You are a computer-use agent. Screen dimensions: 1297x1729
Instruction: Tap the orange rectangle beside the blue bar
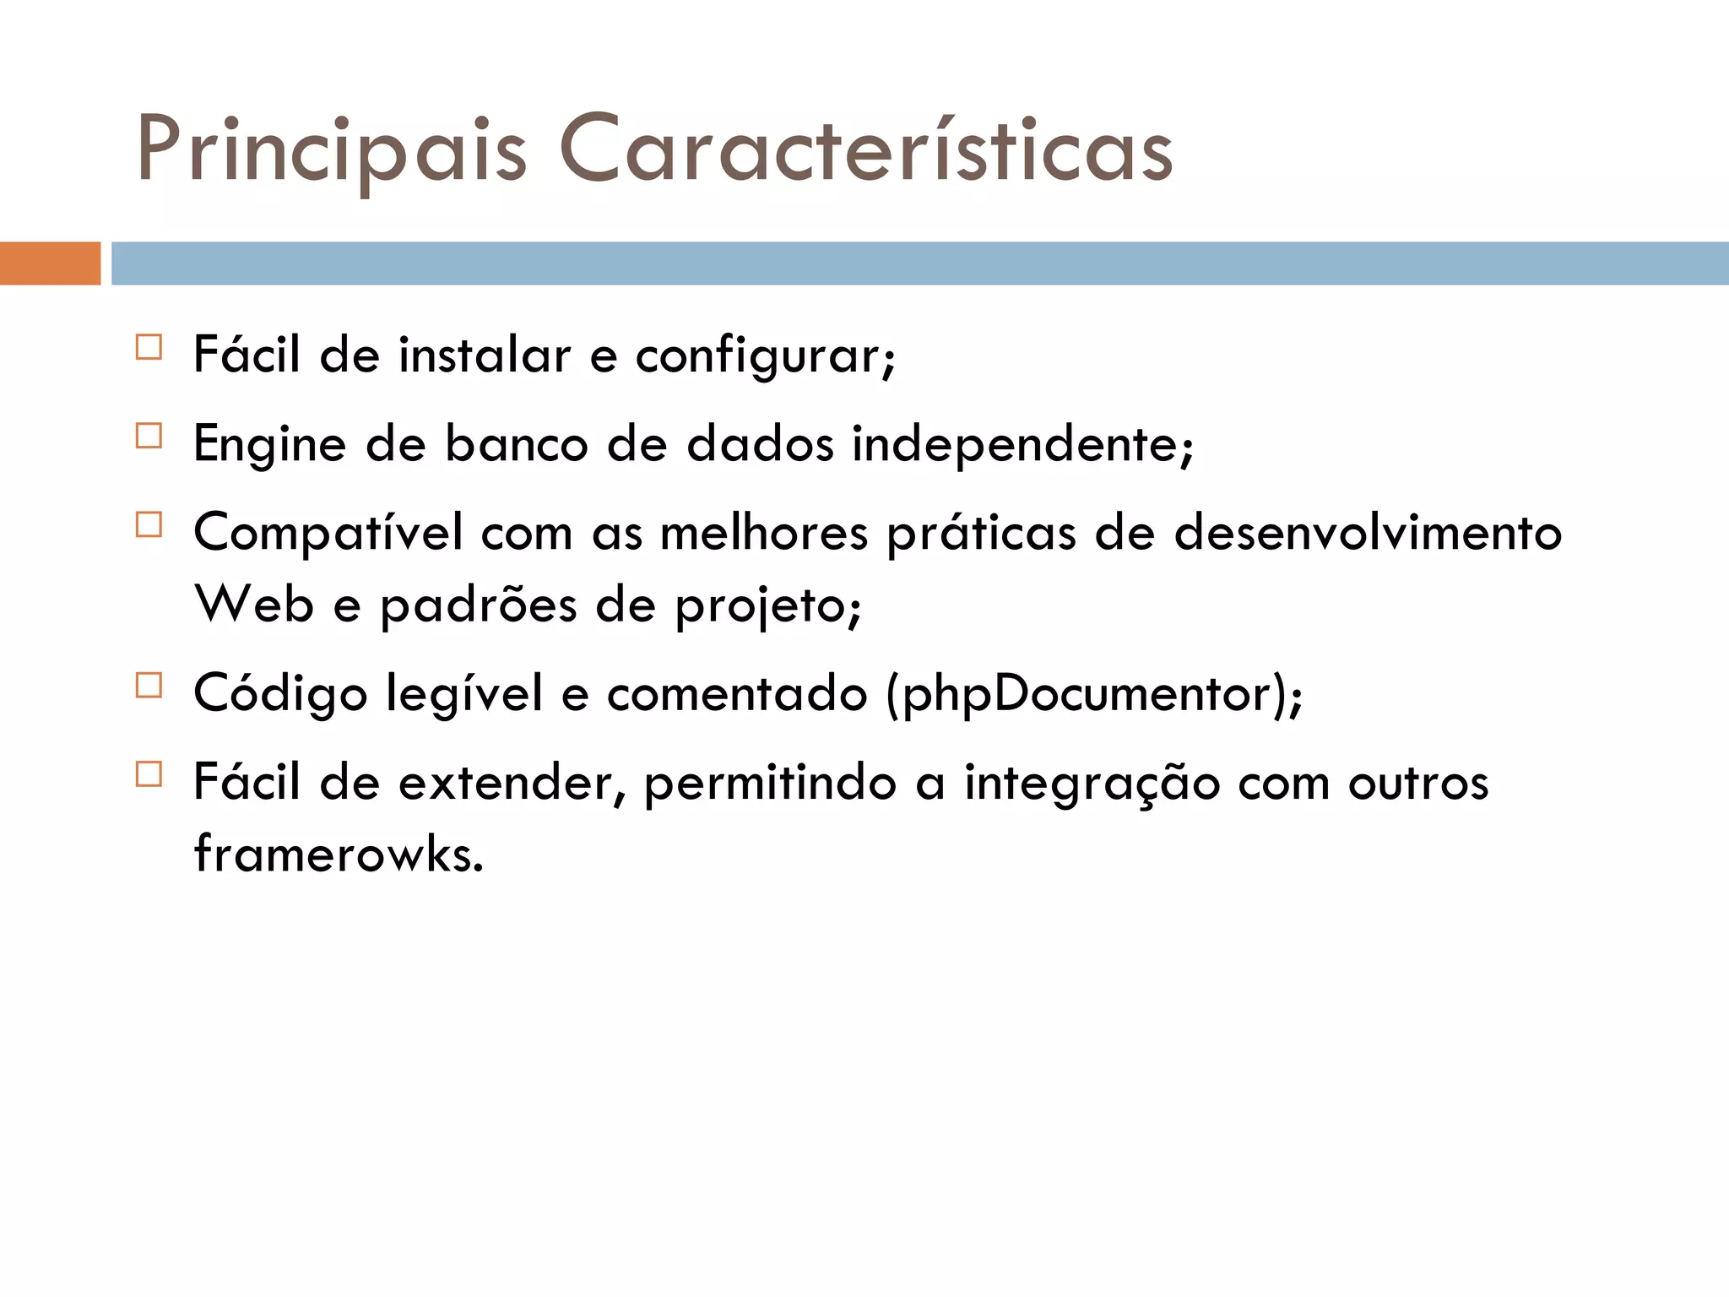click(50, 263)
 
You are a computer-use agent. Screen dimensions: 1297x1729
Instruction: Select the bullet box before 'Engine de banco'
click(149, 436)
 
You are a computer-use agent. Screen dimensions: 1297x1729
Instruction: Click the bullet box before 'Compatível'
click(149, 524)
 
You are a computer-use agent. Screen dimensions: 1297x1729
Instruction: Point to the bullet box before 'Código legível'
click(149, 685)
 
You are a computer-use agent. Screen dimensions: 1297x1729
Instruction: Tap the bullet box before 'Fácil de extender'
click(149, 774)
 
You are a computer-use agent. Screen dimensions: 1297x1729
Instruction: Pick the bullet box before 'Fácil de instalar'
click(149, 347)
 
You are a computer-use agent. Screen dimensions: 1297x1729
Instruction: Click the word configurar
click(764, 356)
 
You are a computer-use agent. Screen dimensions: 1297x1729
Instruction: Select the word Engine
click(269, 445)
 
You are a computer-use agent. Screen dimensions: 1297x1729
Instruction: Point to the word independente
click(1022, 445)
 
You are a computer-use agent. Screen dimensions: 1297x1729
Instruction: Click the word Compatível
click(328, 534)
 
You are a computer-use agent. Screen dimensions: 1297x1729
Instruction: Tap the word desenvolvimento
click(1368, 534)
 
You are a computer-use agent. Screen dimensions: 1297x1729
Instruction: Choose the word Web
click(254, 605)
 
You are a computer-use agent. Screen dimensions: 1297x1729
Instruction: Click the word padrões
click(478, 606)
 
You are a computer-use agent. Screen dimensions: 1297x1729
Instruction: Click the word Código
click(280, 695)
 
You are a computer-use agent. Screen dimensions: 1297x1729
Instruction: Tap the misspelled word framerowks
click(339, 854)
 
